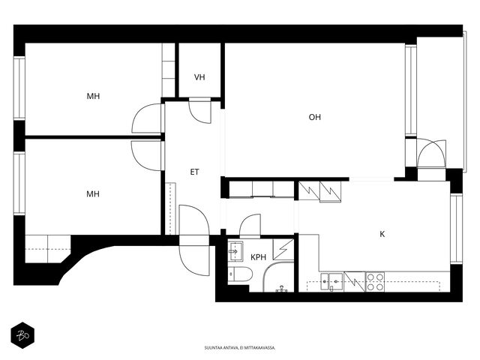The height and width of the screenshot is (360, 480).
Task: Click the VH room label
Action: [199, 77]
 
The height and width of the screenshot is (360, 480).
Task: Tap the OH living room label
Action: [315, 117]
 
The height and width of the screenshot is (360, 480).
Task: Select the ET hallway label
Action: [195, 172]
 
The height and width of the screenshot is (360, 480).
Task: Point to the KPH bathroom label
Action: [258, 257]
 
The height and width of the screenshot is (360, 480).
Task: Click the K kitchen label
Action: [382, 234]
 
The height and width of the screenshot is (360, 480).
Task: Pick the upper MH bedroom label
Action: [93, 96]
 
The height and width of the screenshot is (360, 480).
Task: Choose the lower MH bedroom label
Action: [93, 193]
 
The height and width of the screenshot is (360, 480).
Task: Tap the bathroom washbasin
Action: [235, 251]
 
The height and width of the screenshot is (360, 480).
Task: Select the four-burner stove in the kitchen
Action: [375, 282]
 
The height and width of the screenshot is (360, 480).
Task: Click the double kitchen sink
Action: [331, 282]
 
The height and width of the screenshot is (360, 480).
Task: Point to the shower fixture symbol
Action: [281, 289]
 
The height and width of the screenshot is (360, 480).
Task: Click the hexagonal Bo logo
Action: [22, 335]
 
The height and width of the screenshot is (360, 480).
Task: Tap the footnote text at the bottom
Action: [240, 348]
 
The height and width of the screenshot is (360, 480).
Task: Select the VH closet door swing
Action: [200, 112]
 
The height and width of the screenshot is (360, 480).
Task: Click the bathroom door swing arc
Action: [250, 226]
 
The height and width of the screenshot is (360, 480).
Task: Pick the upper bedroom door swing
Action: [147, 118]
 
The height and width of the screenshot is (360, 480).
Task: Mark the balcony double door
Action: [432, 154]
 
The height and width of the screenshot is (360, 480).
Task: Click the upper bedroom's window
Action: [19, 88]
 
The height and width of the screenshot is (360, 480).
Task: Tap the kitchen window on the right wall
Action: [456, 229]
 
